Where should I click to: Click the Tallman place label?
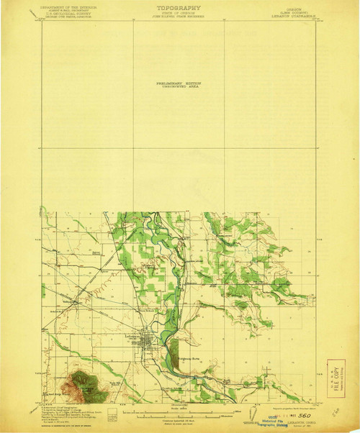(x=78, y=302)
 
